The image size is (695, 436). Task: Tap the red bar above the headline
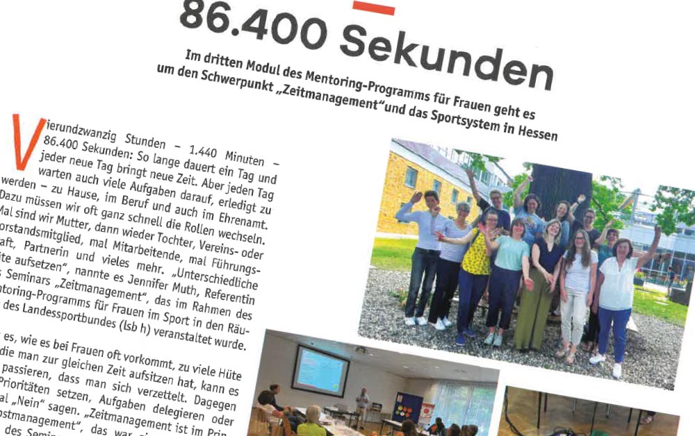(x=373, y=8)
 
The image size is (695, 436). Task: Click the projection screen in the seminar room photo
(x=320, y=371)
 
